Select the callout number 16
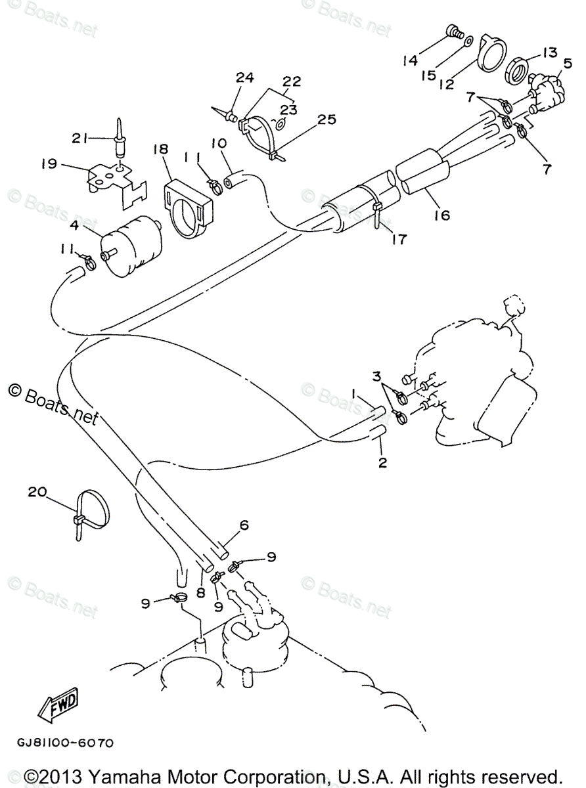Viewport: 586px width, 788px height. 441,214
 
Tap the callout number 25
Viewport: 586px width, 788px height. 326,120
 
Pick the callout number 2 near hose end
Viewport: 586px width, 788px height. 382,462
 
